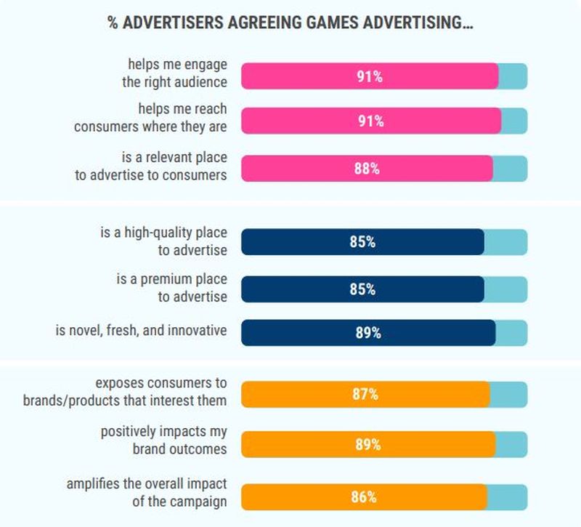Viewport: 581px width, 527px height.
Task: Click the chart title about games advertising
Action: coord(290,23)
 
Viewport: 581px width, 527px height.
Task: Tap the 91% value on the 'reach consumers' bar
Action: coord(370,121)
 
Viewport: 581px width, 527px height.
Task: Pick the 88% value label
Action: coord(367,168)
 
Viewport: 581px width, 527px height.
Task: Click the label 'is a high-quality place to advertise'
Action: coord(163,241)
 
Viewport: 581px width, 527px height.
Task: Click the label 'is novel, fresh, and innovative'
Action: coord(141,331)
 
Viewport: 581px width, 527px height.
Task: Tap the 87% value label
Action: coord(365,394)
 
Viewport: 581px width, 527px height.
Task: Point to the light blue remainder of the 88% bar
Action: coord(510,168)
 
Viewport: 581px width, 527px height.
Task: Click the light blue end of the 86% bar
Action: coord(507,497)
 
